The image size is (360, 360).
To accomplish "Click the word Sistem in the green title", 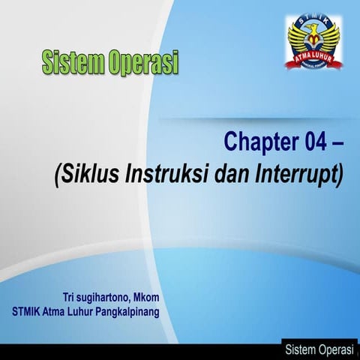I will pos(71,61).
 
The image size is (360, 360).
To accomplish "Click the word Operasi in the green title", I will pos(142,62).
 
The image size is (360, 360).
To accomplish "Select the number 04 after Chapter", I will pos(311,142).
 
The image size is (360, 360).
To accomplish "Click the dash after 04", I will pos(335,142).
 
